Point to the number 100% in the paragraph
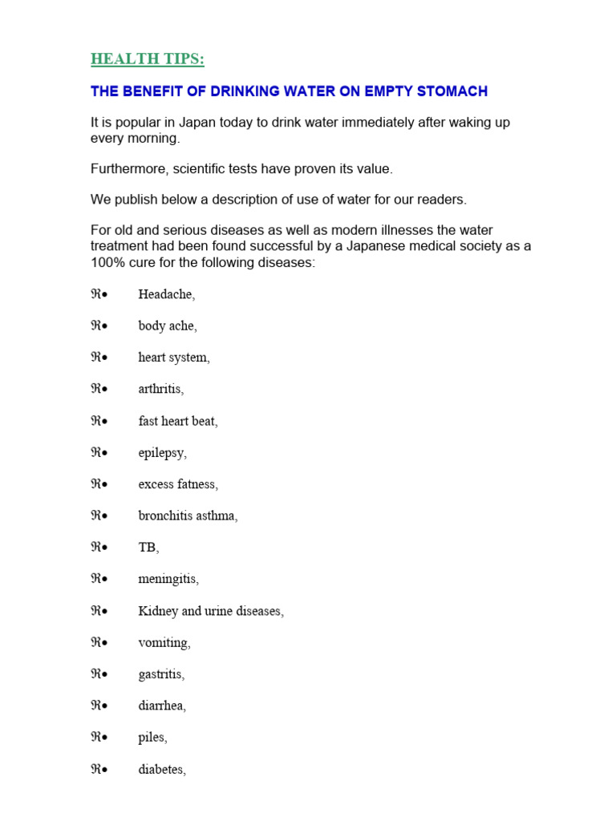pos(107,261)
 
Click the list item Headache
pos(165,294)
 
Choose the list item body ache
pos(167,326)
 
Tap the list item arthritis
pos(160,389)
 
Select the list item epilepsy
pos(161,452)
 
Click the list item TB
pos(148,547)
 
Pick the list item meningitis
pos(168,579)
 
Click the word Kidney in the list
pos(158,611)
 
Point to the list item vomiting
pos(164,642)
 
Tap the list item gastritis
pos(160,674)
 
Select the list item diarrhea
pos(161,706)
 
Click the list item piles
pos(152,738)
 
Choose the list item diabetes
pos(161,770)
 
